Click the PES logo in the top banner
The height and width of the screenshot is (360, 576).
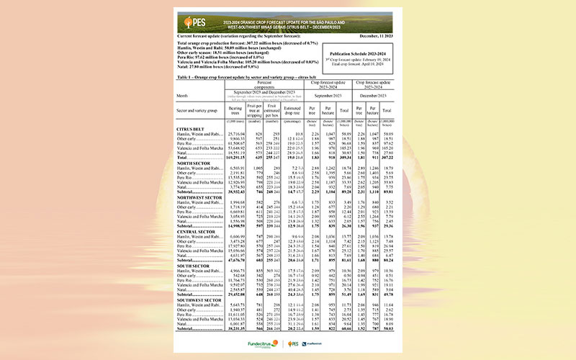pyautogui.click(x=194, y=22)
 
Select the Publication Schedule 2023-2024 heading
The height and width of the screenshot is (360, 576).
pyautogui.click(x=361, y=54)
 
